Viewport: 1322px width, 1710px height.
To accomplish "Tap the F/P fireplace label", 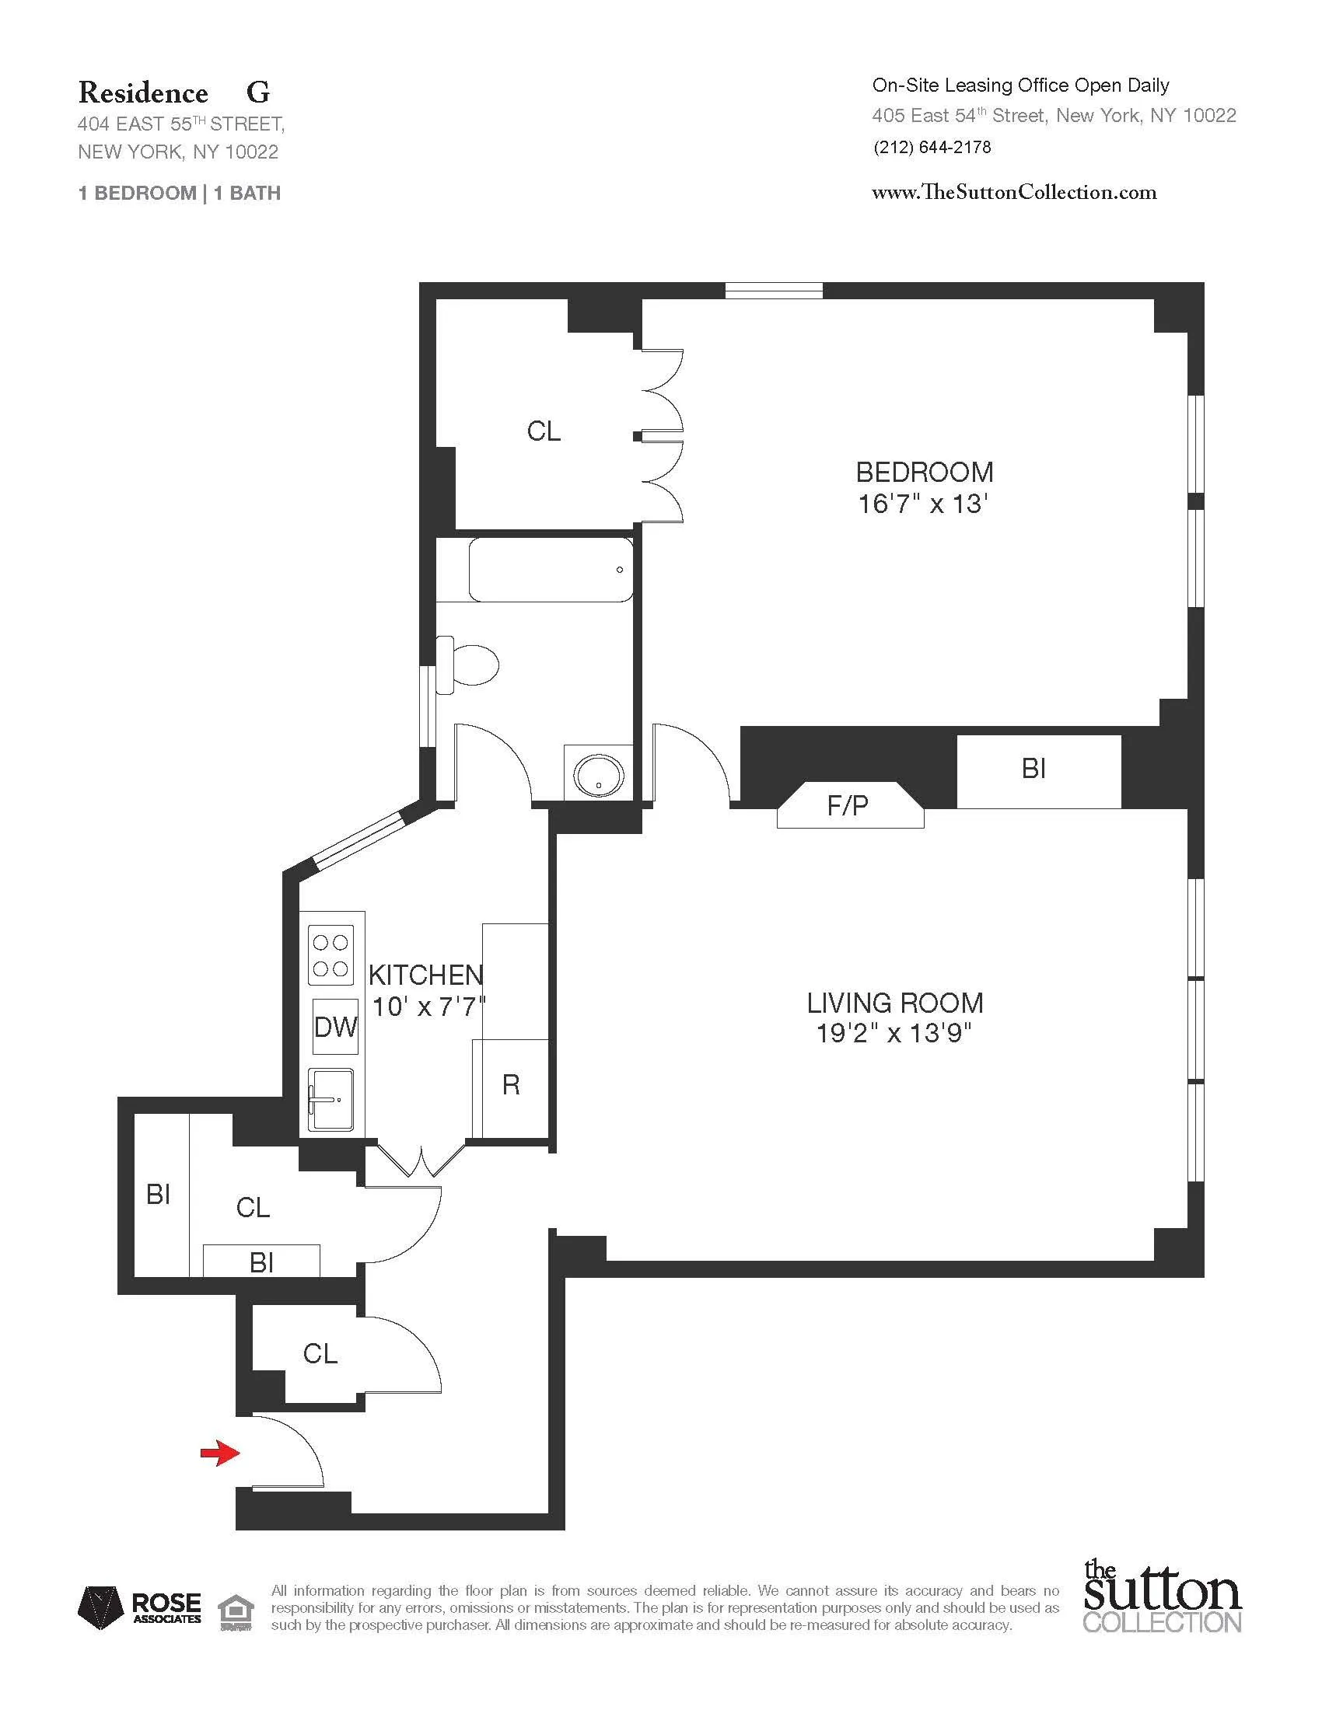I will click(x=848, y=806).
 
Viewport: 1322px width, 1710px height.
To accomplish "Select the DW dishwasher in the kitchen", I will click(x=335, y=1027).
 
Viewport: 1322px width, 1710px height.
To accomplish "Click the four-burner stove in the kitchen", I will click(x=330, y=955).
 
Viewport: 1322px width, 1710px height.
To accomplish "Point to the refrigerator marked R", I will click(x=511, y=1085).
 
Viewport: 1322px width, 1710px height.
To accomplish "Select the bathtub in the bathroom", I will click(x=551, y=570).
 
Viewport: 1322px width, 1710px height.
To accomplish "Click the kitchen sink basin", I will click(x=330, y=1099).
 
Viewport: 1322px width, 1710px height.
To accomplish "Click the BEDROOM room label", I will click(x=924, y=472).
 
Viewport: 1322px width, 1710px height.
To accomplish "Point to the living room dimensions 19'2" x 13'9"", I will click(x=894, y=1034).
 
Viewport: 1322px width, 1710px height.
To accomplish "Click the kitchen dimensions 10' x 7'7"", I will click(x=428, y=1006).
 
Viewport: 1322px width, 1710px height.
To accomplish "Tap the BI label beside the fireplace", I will click(x=1033, y=769).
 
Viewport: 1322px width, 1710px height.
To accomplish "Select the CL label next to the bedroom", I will click(x=544, y=431).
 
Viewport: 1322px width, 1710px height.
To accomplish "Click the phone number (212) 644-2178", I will click(x=932, y=147).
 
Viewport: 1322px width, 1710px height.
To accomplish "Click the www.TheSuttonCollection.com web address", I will click(x=1013, y=192).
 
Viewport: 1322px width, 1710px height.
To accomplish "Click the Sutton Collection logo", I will click(x=1163, y=1597).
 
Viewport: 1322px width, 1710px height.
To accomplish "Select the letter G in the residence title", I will click(x=257, y=93).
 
